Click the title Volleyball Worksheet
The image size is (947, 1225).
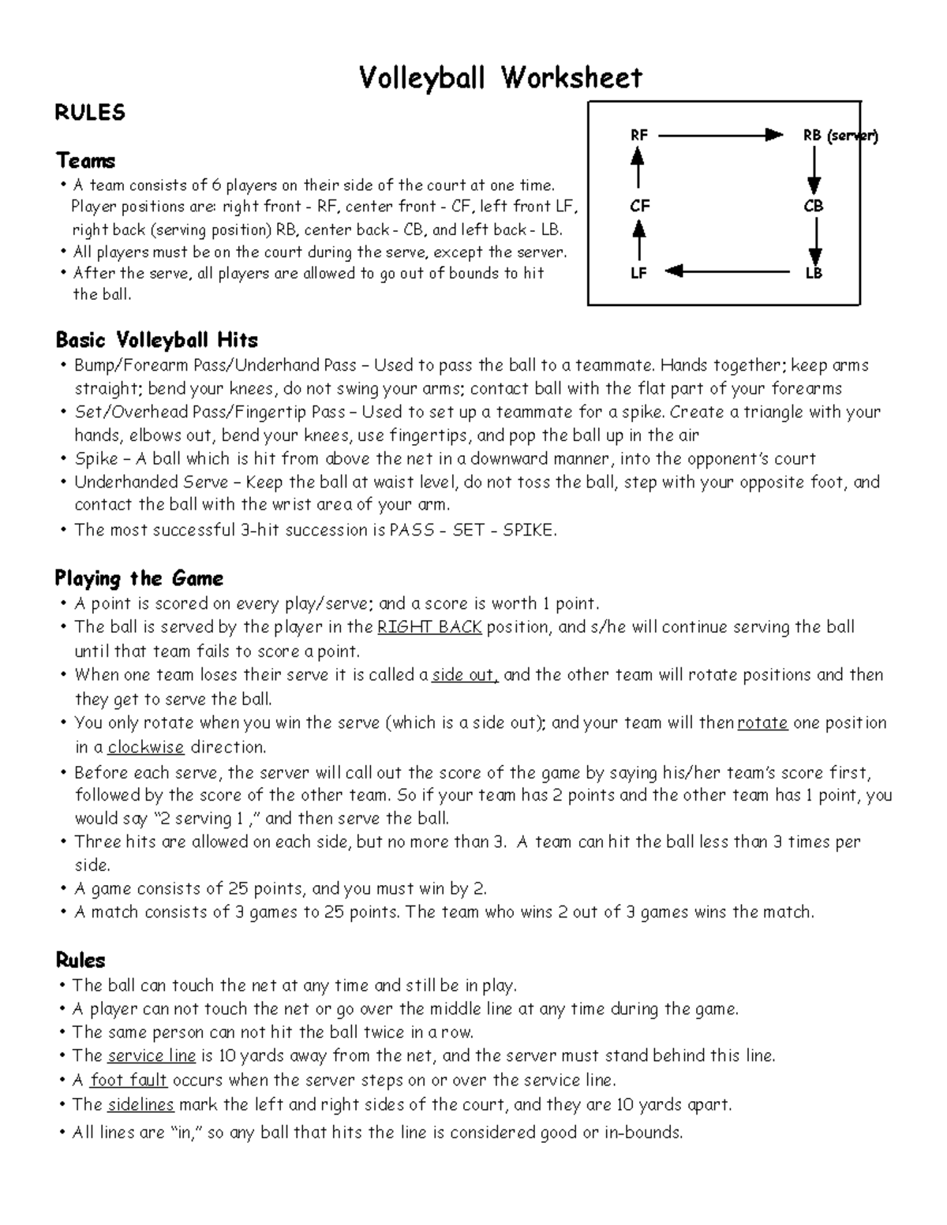[x=500, y=78]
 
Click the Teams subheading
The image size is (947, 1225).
[x=85, y=161]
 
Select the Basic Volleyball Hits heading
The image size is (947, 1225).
[x=156, y=340]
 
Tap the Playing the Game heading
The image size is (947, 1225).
[x=139, y=578]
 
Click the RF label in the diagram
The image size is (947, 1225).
[x=638, y=135]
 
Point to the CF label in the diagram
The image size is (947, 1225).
[x=639, y=206]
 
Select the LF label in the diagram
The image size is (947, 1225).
[x=638, y=273]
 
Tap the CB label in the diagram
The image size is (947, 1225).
[x=814, y=206]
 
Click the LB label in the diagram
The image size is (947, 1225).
[x=814, y=273]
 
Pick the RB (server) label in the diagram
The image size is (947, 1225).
[x=840, y=135]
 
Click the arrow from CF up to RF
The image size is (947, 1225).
[x=638, y=169]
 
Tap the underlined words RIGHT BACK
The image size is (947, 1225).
[x=429, y=628]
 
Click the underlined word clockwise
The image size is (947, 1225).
[x=146, y=747]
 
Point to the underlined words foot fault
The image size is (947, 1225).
[x=129, y=1081]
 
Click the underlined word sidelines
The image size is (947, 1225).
[x=140, y=1104]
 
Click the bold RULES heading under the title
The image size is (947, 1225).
[x=90, y=113]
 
